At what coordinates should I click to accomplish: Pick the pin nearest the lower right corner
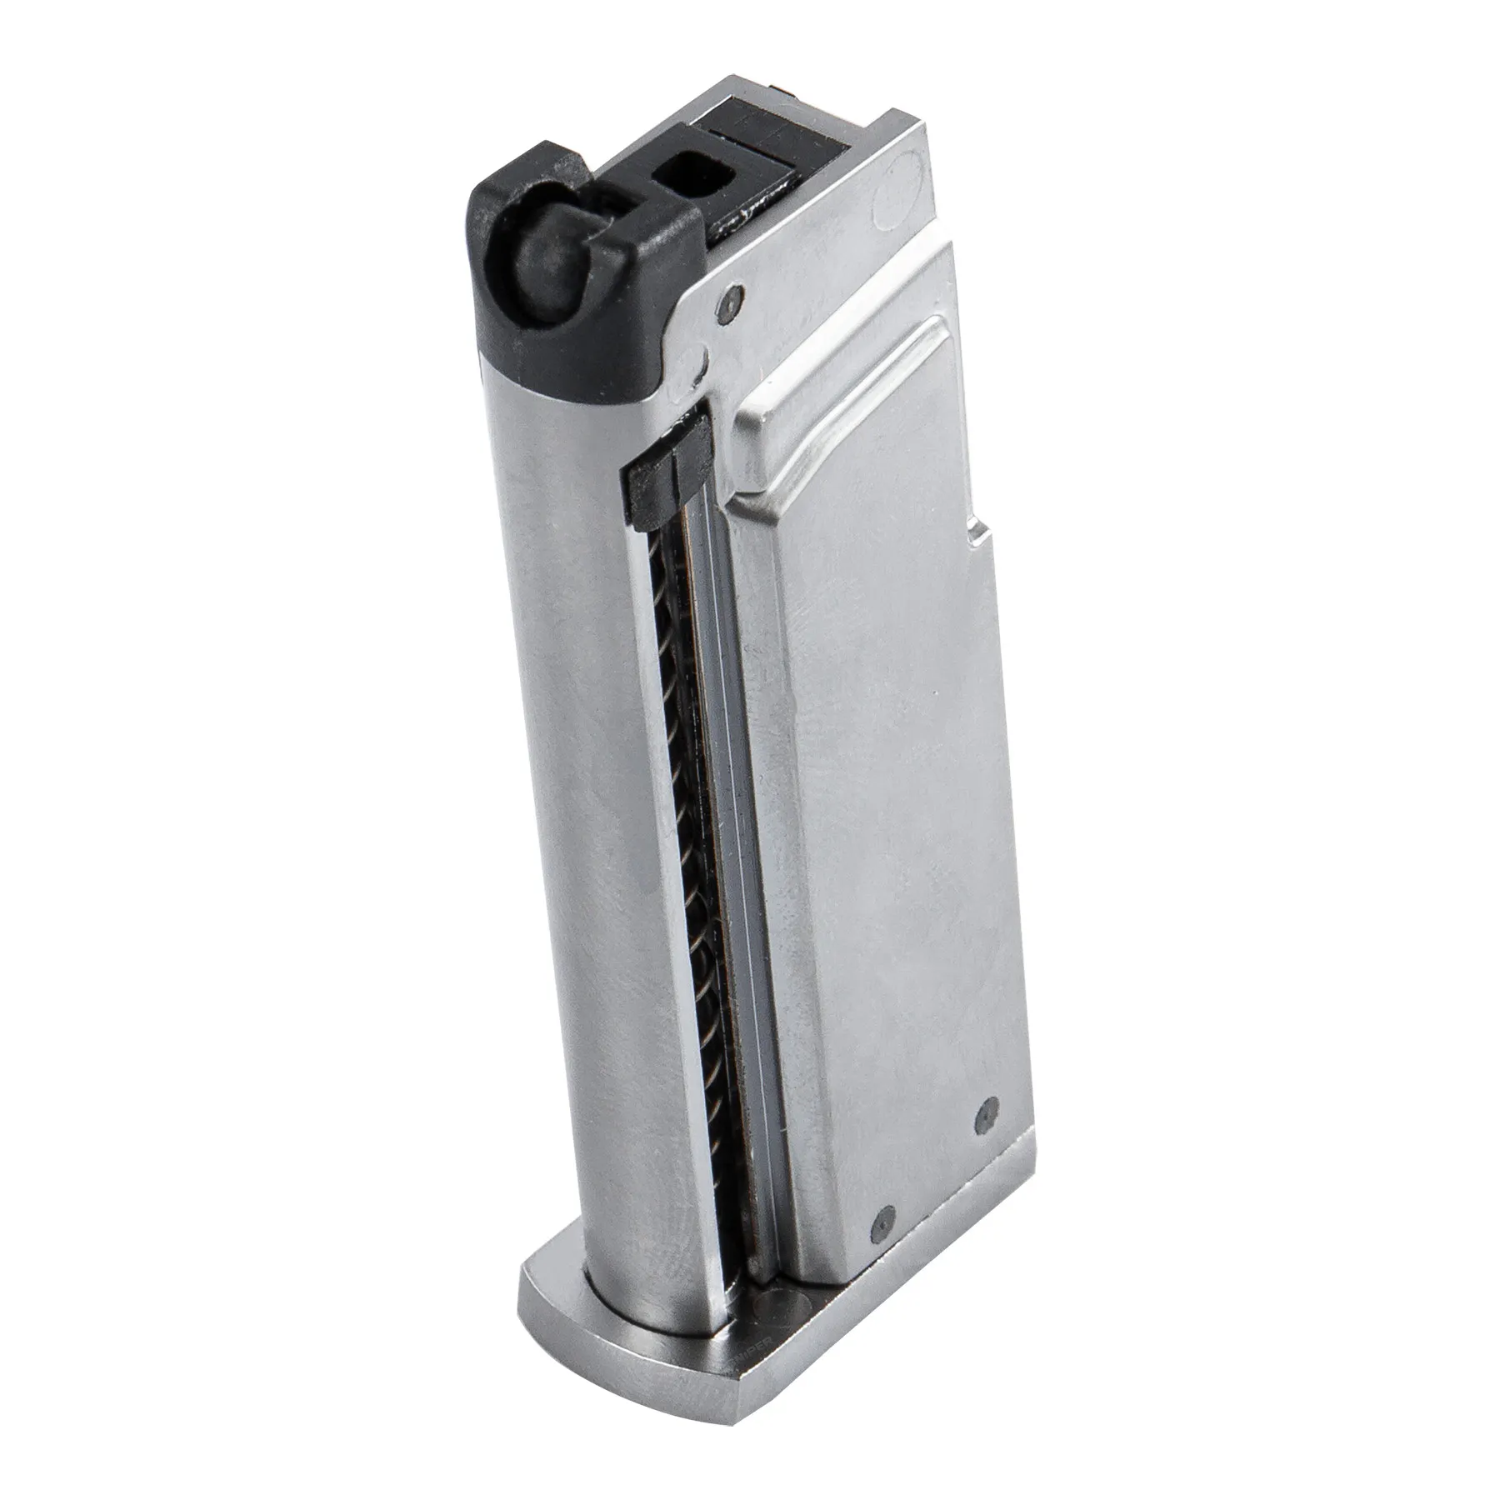985,1110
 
